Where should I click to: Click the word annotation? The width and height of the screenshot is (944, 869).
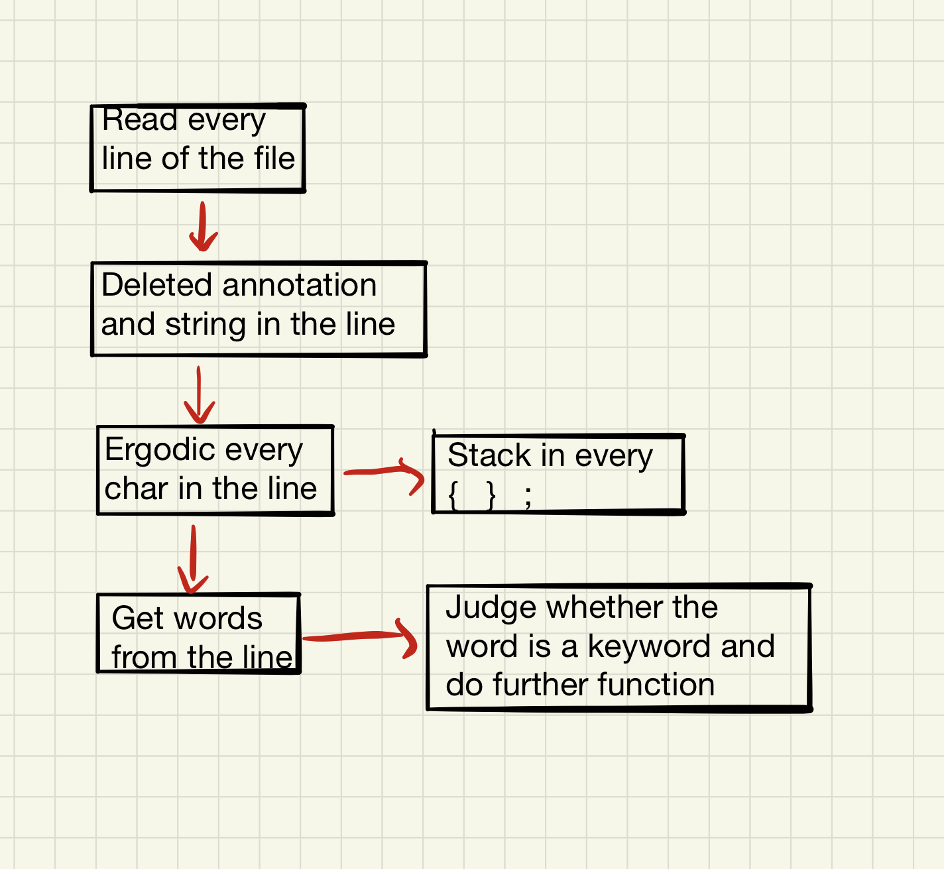tap(299, 285)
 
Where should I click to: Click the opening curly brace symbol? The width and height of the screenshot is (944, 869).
tap(453, 495)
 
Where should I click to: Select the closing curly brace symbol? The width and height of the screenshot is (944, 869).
tap(491, 495)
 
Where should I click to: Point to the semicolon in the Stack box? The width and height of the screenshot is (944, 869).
tap(528, 497)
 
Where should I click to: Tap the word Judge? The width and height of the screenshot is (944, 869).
tap(491, 608)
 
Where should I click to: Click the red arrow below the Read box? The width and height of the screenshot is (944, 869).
tap(203, 227)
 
